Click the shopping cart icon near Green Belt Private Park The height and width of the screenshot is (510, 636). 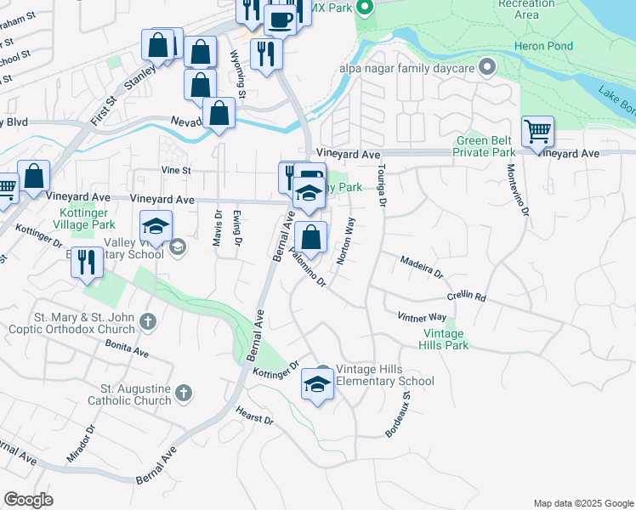click(x=537, y=133)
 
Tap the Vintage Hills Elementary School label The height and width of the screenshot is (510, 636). click(x=385, y=375)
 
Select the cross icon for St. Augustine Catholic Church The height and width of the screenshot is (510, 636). click(x=184, y=393)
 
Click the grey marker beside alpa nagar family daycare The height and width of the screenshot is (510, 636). click(x=487, y=66)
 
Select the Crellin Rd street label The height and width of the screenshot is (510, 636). click(x=466, y=297)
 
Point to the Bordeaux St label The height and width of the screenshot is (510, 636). click(x=398, y=414)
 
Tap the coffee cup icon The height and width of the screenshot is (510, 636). click(x=280, y=18)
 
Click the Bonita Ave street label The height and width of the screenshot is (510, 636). click(x=128, y=348)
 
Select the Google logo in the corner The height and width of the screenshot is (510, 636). click(x=28, y=500)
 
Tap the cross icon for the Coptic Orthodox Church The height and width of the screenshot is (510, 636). click(x=148, y=321)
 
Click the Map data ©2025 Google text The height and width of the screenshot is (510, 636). click(x=582, y=503)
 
